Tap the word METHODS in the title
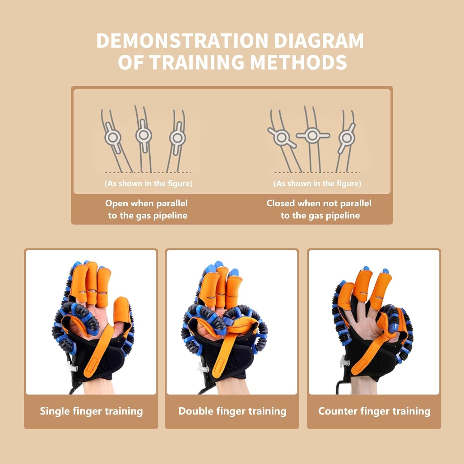(298, 62)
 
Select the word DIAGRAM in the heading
(319, 41)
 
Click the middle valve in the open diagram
(144, 135)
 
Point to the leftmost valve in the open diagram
(112, 137)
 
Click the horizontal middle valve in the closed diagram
(313, 135)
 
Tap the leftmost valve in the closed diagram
(281, 137)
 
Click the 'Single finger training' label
(91, 411)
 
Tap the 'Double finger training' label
(232, 411)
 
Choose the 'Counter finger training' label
(374, 411)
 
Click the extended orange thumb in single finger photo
(121, 309)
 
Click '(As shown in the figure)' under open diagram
(148, 183)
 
